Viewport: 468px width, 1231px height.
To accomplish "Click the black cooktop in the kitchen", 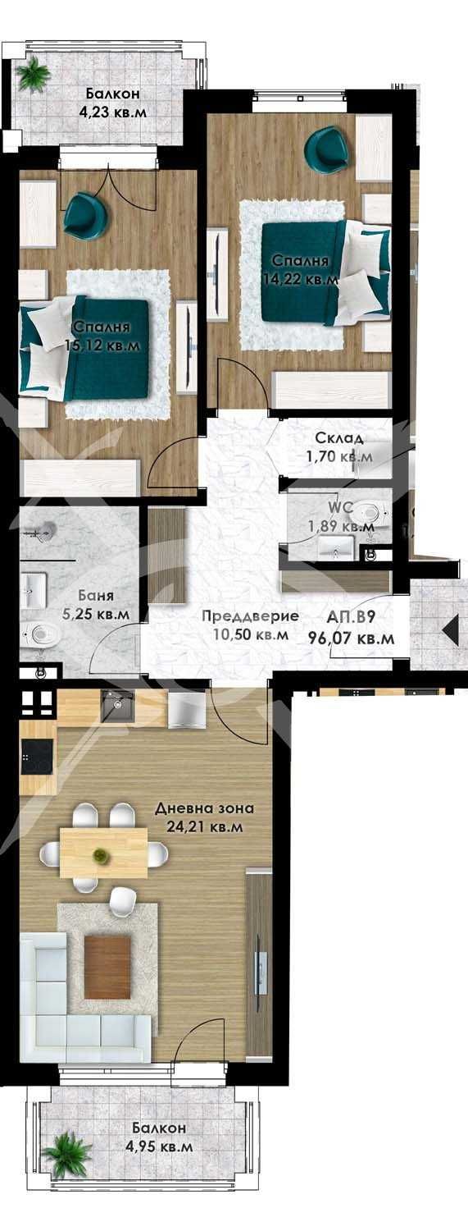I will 38,758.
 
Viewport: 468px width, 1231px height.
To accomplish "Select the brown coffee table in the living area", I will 107,966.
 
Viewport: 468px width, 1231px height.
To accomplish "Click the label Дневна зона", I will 204,808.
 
